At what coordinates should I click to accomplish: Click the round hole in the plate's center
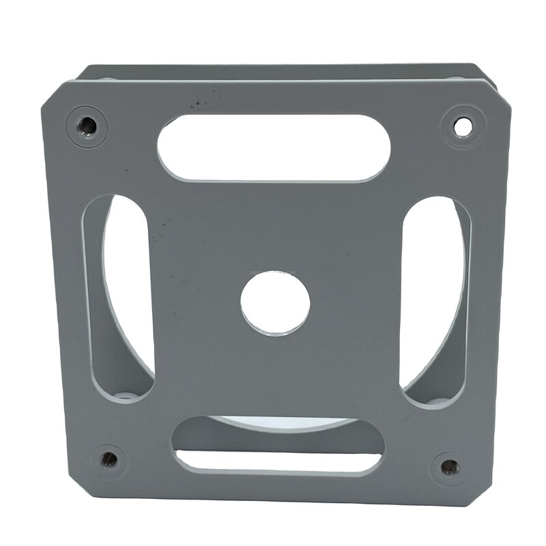tap(275, 303)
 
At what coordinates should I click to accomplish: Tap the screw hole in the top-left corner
tap(87, 125)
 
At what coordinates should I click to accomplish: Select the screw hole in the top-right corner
tap(463, 125)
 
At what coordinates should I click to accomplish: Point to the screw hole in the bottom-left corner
tap(108, 459)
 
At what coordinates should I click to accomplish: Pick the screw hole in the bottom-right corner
tap(449, 468)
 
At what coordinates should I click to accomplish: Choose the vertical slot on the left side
tap(117, 298)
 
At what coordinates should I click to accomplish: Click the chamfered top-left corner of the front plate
tap(55, 92)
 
